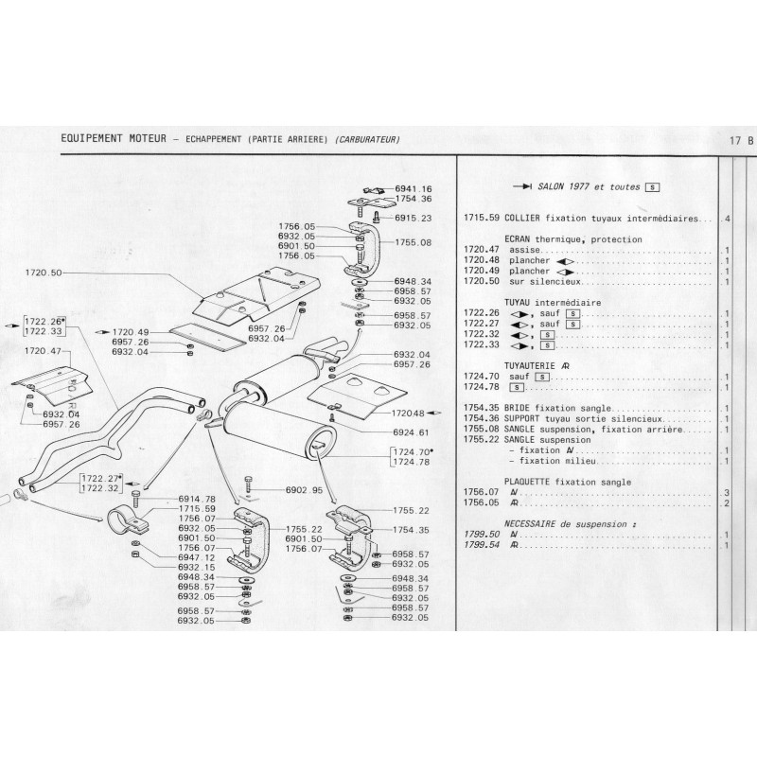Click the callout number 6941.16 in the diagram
click(x=413, y=188)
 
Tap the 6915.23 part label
click(x=413, y=218)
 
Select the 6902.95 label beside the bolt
click(x=304, y=490)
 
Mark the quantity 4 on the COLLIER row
click(x=726, y=219)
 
